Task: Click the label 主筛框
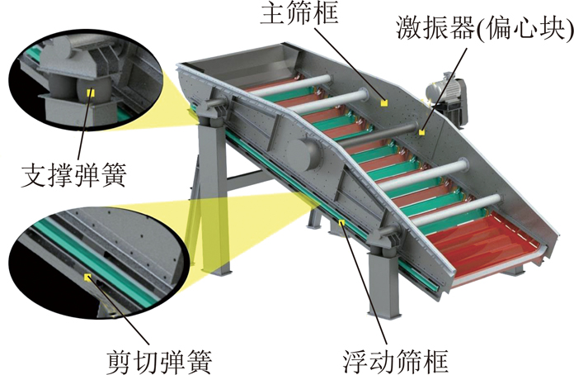(x=299, y=13)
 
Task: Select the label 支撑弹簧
(x=74, y=175)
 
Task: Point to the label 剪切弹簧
(x=160, y=361)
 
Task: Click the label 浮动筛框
(x=396, y=361)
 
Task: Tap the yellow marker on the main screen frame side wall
(x=383, y=103)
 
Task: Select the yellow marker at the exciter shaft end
(x=422, y=132)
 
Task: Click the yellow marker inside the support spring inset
(x=91, y=93)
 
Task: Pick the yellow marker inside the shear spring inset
(x=87, y=277)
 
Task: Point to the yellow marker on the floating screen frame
(x=342, y=221)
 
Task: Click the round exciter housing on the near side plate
(x=303, y=151)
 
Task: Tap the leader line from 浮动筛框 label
(x=365, y=285)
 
